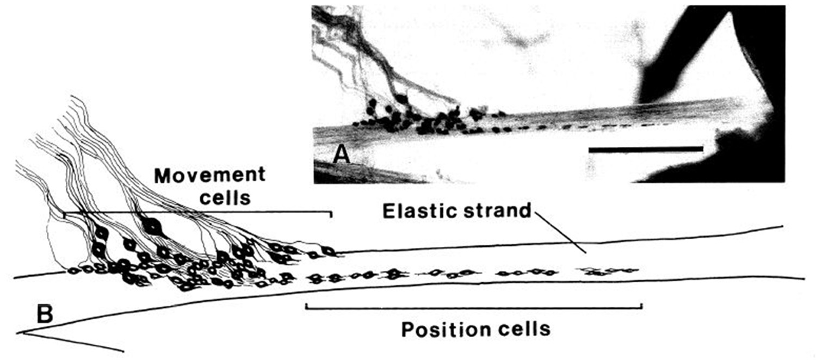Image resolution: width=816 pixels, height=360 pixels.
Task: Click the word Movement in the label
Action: click(209, 176)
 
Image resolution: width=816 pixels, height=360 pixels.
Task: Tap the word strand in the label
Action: click(495, 212)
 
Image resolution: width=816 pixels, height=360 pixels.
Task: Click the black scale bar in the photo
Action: click(646, 147)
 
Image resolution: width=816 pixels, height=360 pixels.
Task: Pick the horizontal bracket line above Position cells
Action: click(473, 307)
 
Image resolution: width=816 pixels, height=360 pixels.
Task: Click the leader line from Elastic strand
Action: click(560, 234)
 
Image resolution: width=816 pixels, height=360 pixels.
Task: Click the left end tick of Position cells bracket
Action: click(307, 306)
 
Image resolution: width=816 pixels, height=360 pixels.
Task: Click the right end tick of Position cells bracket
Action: click(642, 306)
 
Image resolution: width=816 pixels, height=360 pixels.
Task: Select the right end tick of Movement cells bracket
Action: click(330, 215)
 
